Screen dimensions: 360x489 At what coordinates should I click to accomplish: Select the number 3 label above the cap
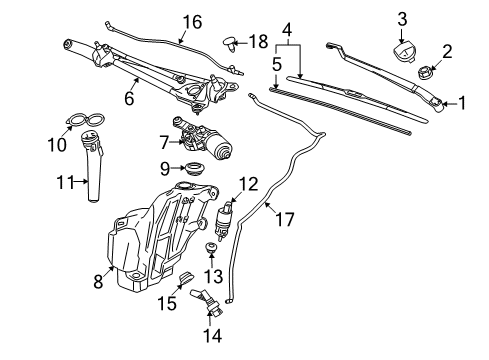click(402, 18)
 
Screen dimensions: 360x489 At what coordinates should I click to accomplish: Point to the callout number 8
click(98, 282)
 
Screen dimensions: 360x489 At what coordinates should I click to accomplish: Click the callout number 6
click(128, 98)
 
